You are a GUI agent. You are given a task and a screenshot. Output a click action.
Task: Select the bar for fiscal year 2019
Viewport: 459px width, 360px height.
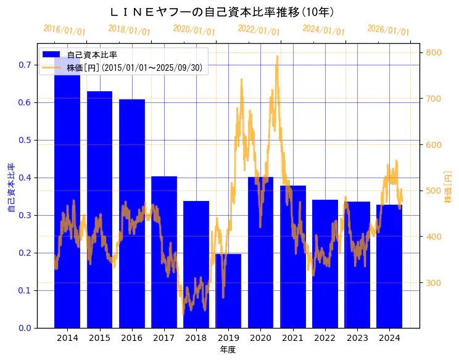pos(228,290)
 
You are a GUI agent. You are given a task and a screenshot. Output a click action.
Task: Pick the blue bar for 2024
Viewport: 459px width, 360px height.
pos(389,266)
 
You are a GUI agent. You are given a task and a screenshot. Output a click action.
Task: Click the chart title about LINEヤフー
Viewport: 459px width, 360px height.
pos(222,12)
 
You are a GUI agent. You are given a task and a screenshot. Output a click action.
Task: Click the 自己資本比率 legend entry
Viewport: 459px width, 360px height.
pos(92,55)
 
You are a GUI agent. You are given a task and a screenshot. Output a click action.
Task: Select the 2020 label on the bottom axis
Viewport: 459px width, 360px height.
pos(260,338)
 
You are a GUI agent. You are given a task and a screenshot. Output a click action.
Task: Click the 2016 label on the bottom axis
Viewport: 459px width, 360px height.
pos(132,338)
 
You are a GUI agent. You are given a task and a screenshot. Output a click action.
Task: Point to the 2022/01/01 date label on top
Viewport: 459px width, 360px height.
pos(258,30)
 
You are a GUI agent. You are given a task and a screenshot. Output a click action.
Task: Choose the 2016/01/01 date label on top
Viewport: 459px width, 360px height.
pos(64,30)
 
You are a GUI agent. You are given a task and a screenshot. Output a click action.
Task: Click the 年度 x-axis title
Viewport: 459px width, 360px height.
pos(228,350)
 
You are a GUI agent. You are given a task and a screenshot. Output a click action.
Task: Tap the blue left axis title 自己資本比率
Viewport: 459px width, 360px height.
pos(10,188)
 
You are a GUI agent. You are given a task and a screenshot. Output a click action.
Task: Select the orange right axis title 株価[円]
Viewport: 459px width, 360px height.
pos(449,188)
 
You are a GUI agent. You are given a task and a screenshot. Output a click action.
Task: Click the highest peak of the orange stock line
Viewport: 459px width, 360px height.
pos(277,56)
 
